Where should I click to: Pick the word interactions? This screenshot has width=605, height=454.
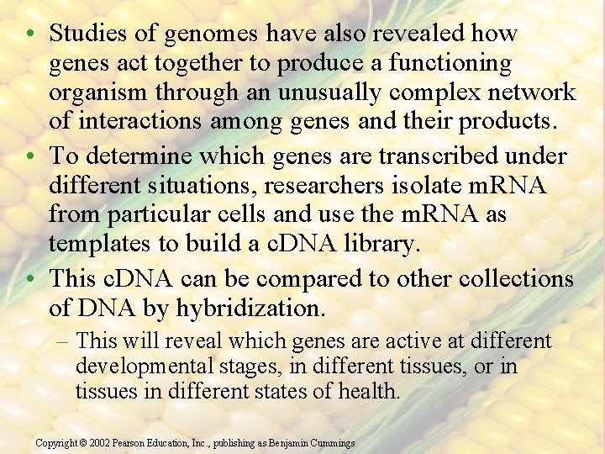click(x=136, y=122)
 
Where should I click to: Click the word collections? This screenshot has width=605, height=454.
click(x=514, y=278)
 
